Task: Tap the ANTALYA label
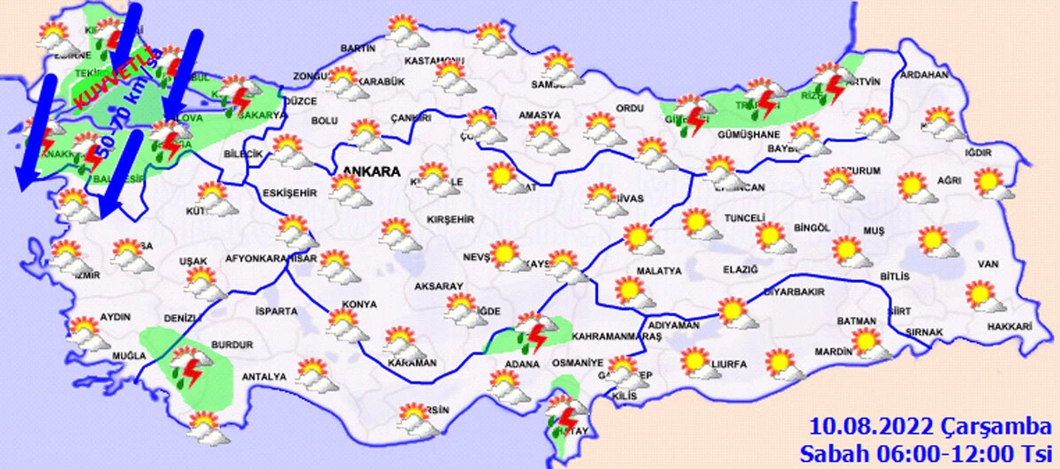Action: [x=265, y=376]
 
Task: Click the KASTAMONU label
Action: [x=434, y=61]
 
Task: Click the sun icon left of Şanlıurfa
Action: [x=695, y=360]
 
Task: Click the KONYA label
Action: [x=359, y=304]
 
